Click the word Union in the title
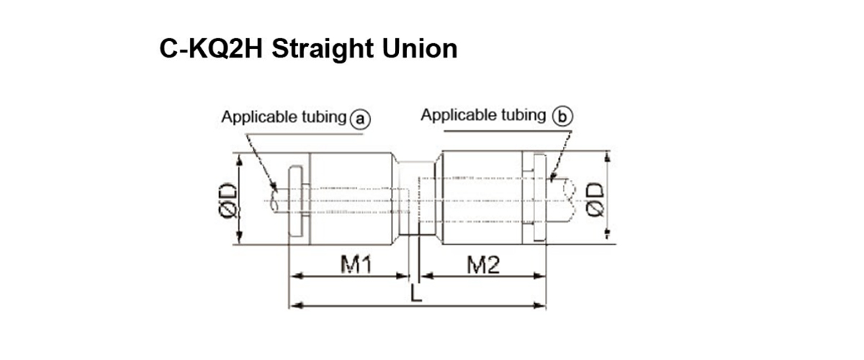click(424, 48)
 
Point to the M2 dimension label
click(483, 266)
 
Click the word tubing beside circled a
click(321, 117)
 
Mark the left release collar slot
click(295, 201)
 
